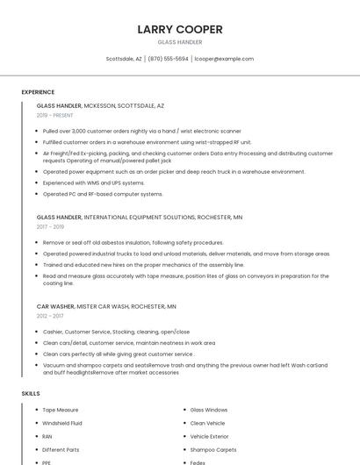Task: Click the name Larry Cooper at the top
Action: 180,29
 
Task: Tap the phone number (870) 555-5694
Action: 168,59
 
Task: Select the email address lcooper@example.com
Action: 224,59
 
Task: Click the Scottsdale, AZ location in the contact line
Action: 124,59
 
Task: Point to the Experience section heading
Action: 38,92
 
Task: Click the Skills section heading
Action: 31,394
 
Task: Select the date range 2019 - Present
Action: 55,115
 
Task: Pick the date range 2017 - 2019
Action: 50,226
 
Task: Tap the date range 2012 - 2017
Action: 50,316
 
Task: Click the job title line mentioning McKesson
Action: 100,105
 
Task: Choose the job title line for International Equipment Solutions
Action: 139,217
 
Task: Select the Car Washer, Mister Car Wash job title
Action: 106,307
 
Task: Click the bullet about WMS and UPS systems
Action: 94,182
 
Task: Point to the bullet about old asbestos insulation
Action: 133,242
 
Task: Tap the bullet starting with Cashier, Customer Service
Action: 116,332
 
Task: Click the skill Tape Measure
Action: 61,410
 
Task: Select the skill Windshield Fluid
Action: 63,423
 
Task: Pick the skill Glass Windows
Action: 209,410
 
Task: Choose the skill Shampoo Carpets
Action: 213,449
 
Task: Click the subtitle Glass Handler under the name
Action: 180,42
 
